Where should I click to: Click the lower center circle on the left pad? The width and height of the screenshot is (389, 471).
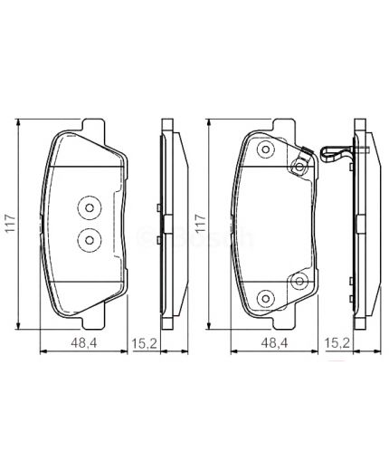pyautogui.click(x=88, y=239)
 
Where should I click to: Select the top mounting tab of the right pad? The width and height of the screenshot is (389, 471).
pyautogui.click(x=277, y=124)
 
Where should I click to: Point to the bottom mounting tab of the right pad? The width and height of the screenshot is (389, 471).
pyautogui.click(x=277, y=322)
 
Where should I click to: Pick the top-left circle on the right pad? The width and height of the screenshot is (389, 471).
pyautogui.click(x=264, y=150)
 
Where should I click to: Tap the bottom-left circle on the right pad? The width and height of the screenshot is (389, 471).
pyautogui.click(x=264, y=298)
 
